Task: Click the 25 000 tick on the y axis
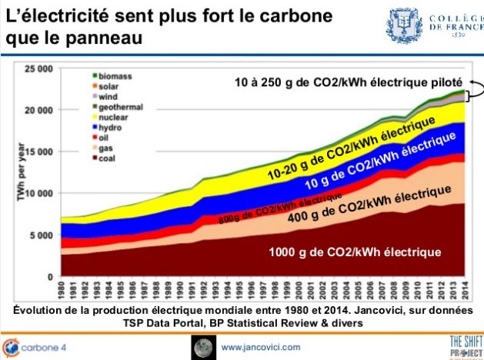[37, 69]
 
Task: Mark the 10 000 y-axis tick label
[37, 193]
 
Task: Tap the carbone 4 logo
[35, 347]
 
